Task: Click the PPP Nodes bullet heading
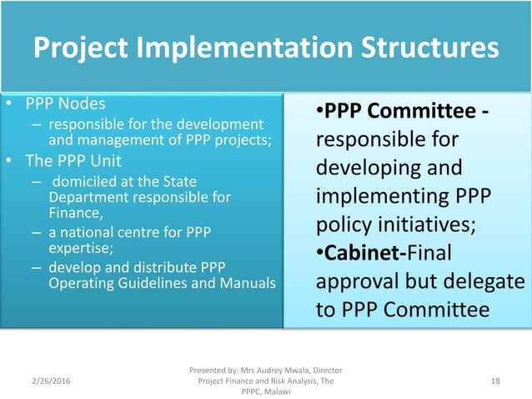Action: [65, 104]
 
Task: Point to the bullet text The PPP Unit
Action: [72, 159]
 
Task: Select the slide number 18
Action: [495, 381]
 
